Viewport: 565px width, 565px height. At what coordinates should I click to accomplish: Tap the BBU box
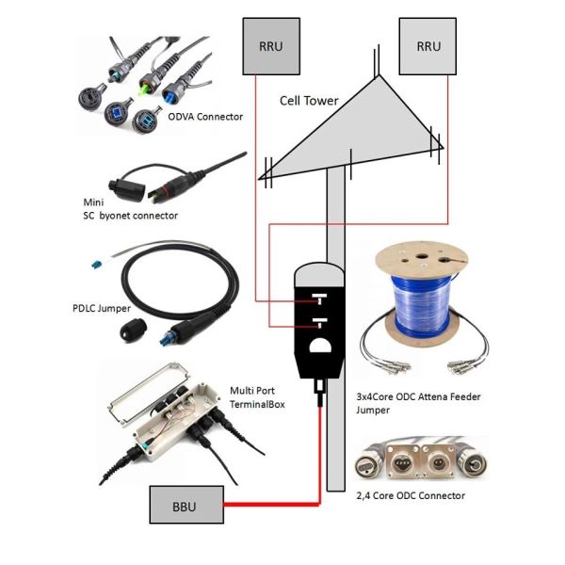(x=186, y=506)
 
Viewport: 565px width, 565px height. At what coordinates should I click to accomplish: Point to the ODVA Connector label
(x=205, y=117)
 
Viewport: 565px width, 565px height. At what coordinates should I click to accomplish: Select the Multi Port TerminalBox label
(x=257, y=395)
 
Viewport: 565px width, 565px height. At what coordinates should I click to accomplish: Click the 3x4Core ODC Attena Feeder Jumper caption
(x=420, y=404)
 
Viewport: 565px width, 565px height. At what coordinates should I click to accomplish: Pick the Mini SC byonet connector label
(x=130, y=208)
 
